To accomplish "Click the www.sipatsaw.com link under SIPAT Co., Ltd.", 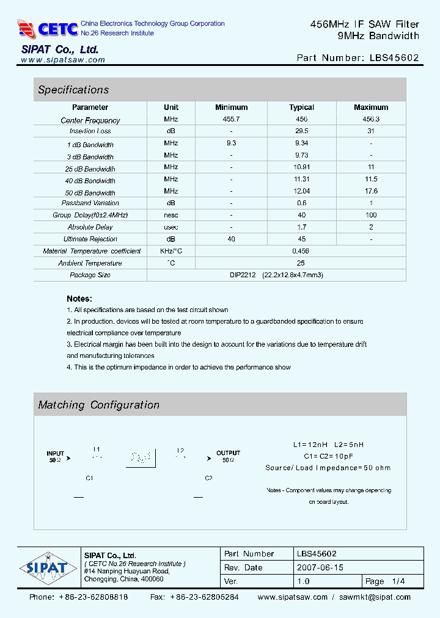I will click(63, 60).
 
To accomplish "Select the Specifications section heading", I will click(73, 90).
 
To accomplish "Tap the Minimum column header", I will click(231, 107).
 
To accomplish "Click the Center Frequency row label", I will click(90, 120).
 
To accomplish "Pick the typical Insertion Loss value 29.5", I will click(301, 131).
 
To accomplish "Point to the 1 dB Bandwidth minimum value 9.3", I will click(231, 143).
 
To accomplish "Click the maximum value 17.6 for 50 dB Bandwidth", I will click(371, 191).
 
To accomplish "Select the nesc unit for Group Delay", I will click(171, 215).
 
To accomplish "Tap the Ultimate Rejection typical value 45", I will click(301, 239).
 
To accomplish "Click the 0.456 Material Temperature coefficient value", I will click(301, 251).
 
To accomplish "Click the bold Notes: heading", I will click(79, 299).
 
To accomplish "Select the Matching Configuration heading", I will click(98, 405).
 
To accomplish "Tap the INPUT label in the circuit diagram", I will click(56, 454).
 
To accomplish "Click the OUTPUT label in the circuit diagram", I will click(228, 453).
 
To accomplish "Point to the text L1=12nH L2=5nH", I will click(328, 445).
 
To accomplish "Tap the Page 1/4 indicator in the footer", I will click(385, 581).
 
